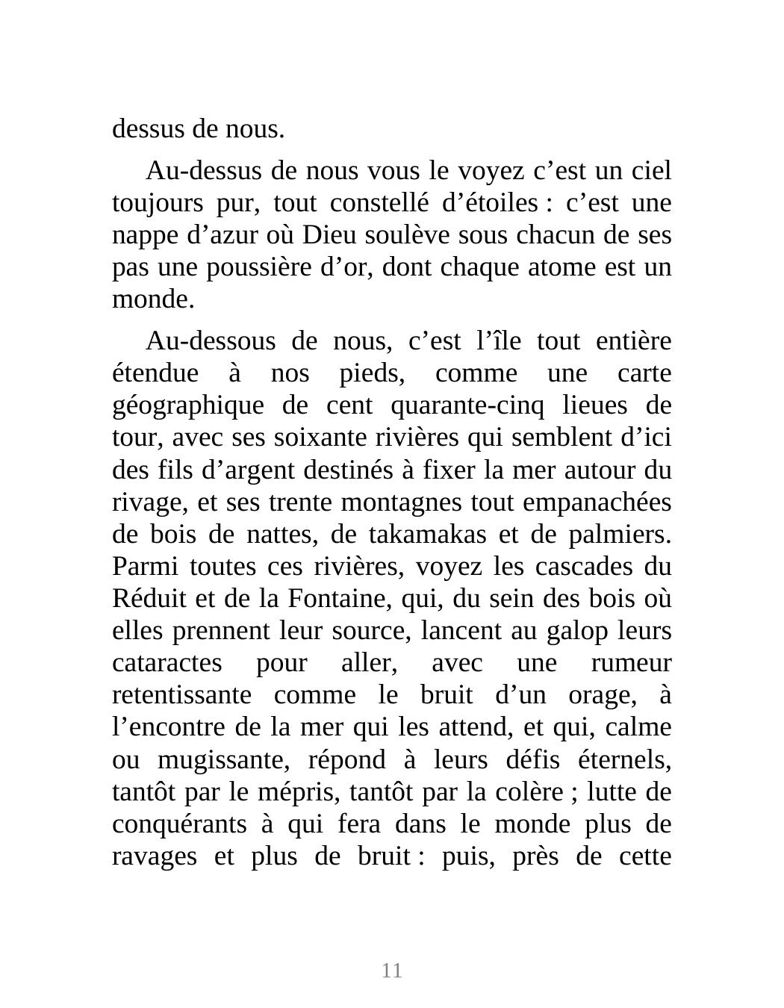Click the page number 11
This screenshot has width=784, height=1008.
[392, 971]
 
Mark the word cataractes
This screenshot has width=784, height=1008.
[167, 663]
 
